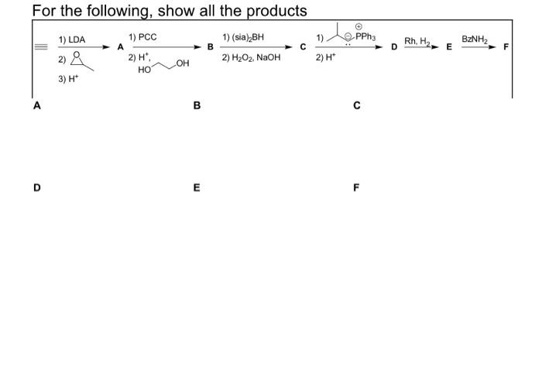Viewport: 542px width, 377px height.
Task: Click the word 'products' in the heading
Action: (268, 11)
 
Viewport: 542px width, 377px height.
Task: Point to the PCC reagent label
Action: (147, 36)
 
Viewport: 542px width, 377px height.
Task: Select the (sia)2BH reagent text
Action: (247, 36)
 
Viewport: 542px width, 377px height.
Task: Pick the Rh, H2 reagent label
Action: (417, 41)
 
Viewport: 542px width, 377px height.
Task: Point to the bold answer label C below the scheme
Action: (356, 105)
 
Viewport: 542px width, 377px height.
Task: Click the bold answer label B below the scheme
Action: (197, 105)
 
